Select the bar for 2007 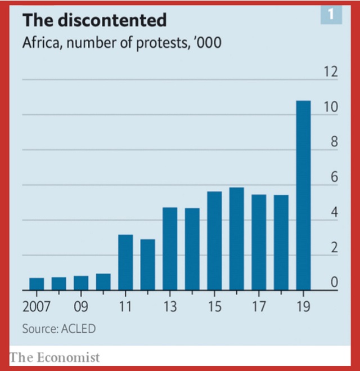[x=37, y=284]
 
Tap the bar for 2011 [x=125, y=262]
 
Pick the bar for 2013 [x=170, y=248]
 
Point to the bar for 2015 [x=214, y=240]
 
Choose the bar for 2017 [x=259, y=242]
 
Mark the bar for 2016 [x=237, y=239]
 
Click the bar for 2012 [x=147, y=265]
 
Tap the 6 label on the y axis [x=334, y=177]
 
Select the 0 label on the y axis [x=334, y=283]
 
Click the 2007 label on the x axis [x=37, y=307]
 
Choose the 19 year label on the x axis [x=303, y=307]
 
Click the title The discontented [x=94, y=20]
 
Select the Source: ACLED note [x=59, y=329]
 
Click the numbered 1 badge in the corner [x=331, y=15]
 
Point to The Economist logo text [x=55, y=357]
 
